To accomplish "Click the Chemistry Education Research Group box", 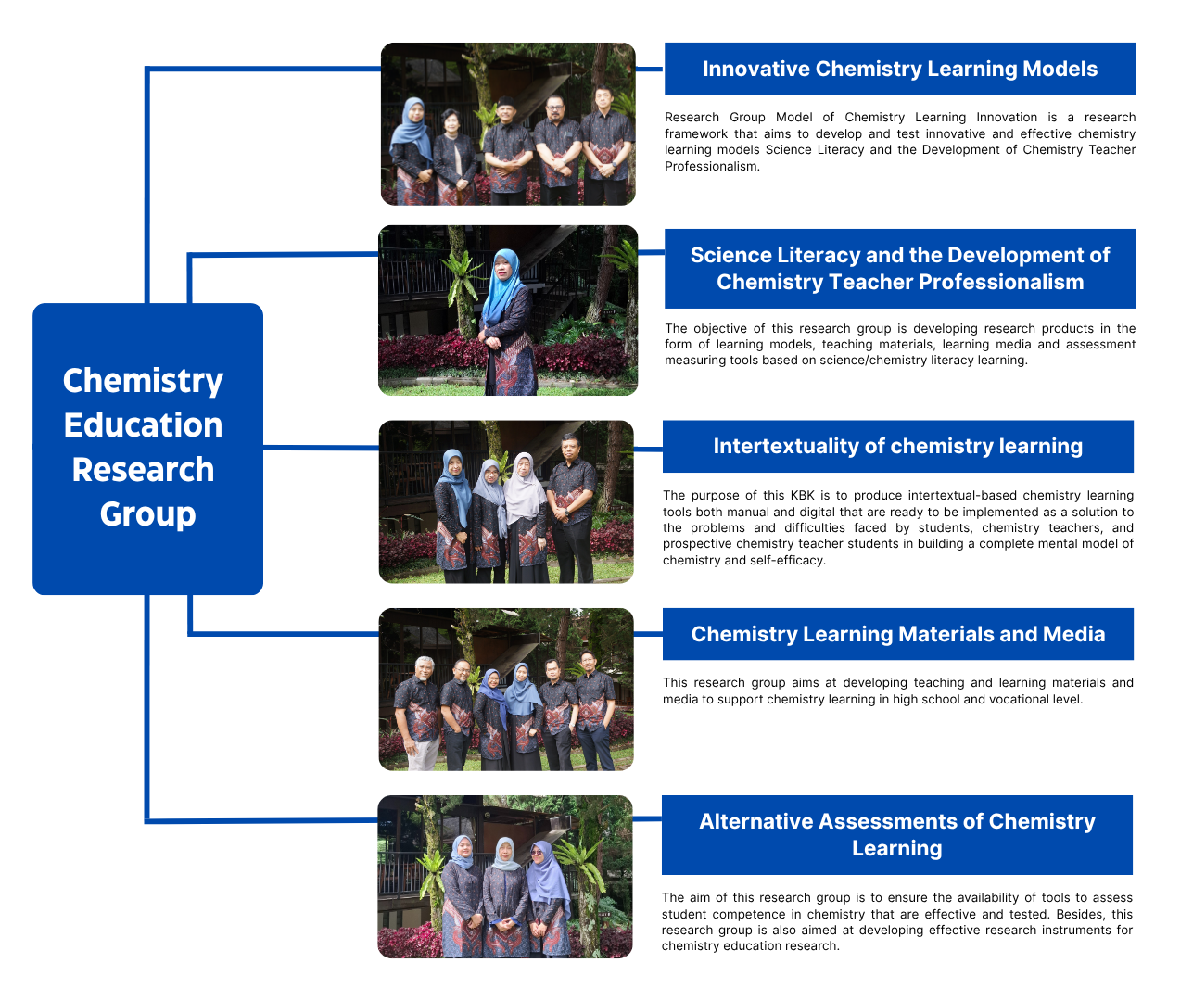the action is (147, 449).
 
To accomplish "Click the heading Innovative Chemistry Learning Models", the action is (899, 69).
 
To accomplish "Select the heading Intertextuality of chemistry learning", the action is (897, 446).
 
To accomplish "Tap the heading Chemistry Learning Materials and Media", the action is (897, 634).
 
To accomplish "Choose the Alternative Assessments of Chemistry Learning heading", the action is (897, 835).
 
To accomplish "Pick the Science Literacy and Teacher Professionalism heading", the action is (899, 269).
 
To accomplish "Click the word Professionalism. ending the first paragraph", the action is (712, 166).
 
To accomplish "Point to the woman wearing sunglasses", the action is (547, 899).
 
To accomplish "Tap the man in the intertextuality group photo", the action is (571, 507).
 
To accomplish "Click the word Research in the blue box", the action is (144, 470).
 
